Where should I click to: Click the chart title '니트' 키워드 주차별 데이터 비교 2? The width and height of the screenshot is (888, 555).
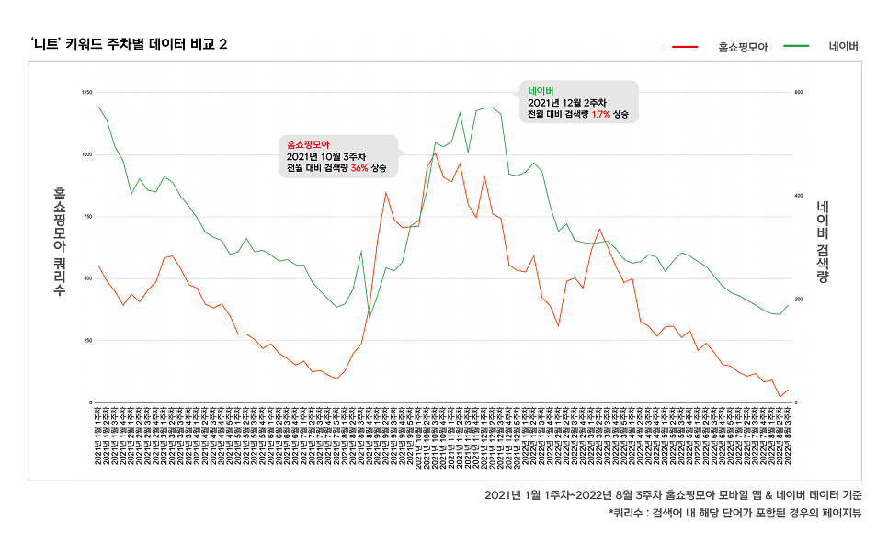[129, 45]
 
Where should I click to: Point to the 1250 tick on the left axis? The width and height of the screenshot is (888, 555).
[86, 93]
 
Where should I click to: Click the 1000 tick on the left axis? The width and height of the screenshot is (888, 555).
[86, 154]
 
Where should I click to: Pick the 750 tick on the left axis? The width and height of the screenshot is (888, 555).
[87, 217]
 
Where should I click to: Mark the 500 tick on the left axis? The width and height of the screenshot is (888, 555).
[87, 278]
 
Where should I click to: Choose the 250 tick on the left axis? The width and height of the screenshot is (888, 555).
[87, 341]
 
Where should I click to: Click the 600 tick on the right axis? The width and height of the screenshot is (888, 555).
[799, 93]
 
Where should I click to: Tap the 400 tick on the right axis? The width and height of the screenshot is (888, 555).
[799, 196]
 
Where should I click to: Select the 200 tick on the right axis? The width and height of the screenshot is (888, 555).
[799, 300]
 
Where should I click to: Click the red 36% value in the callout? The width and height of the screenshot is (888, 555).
[359, 168]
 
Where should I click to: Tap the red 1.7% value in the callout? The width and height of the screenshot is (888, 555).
[601, 115]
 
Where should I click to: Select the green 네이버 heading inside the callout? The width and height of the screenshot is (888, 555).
[541, 90]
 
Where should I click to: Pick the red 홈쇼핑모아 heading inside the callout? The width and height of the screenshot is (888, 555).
[308, 144]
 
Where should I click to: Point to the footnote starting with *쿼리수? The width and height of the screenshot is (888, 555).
[734, 513]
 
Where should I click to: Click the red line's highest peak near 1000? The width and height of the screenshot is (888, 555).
[435, 153]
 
